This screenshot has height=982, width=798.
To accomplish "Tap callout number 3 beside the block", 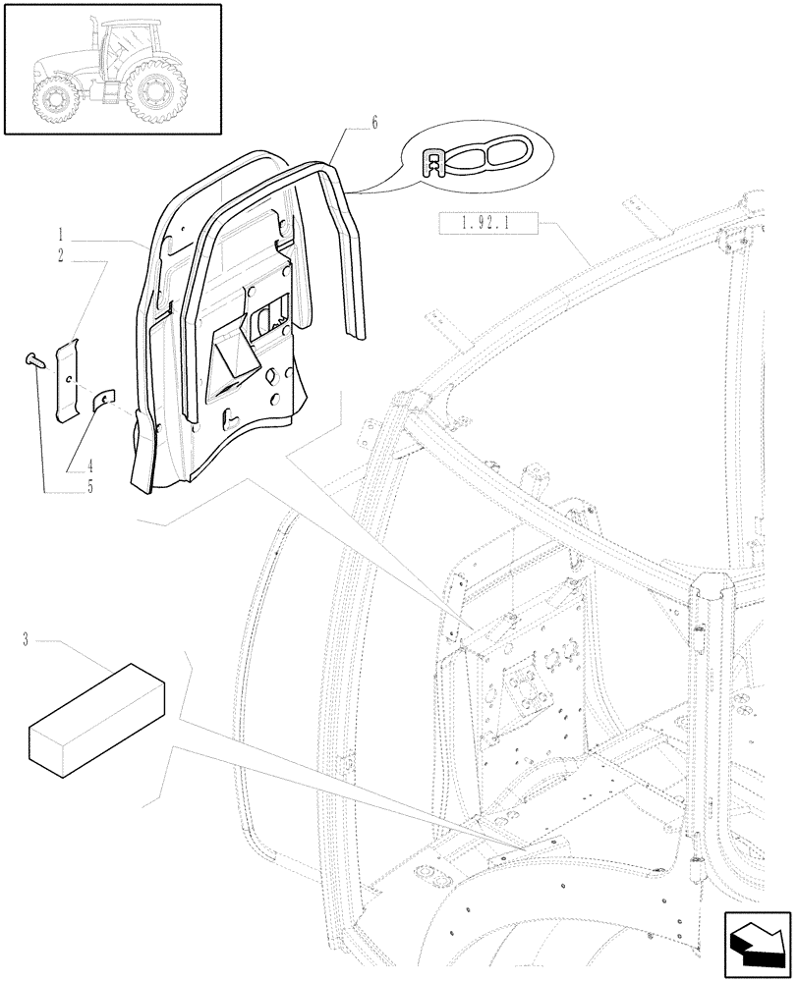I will pyautogui.click(x=24, y=640).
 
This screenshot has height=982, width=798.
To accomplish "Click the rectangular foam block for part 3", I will pyautogui.click(x=96, y=713).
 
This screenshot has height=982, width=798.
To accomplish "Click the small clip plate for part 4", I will pyautogui.click(x=104, y=399).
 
